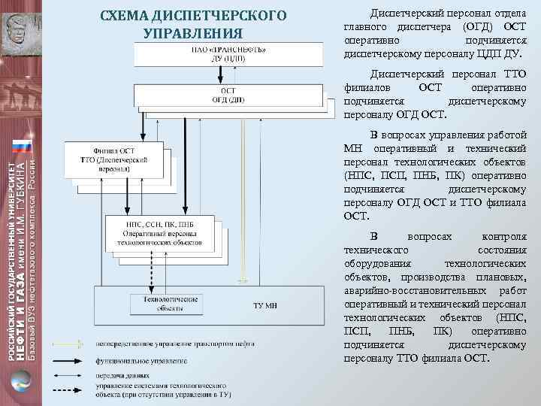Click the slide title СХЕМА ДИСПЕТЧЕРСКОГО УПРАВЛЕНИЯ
pyautogui.click(x=193, y=25)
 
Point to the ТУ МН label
pyautogui.click(x=264, y=305)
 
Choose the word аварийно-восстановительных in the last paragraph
pyautogui.click(x=409, y=292)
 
